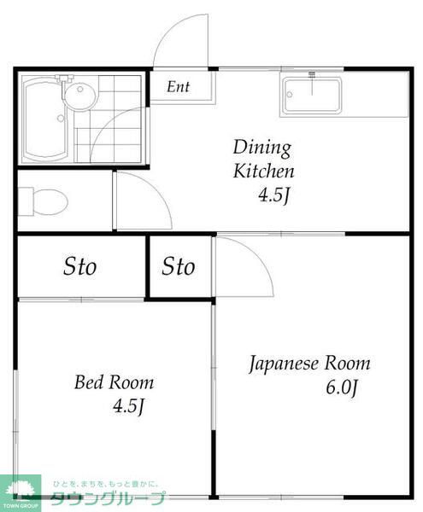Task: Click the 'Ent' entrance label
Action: (178, 87)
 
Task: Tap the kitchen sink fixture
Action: (312, 96)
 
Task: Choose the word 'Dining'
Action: (262, 148)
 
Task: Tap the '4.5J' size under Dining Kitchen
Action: (275, 196)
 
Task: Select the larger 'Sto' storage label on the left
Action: (79, 266)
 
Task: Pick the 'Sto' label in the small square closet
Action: (179, 267)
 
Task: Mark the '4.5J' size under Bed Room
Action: (126, 406)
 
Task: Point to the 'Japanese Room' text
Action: (309, 364)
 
